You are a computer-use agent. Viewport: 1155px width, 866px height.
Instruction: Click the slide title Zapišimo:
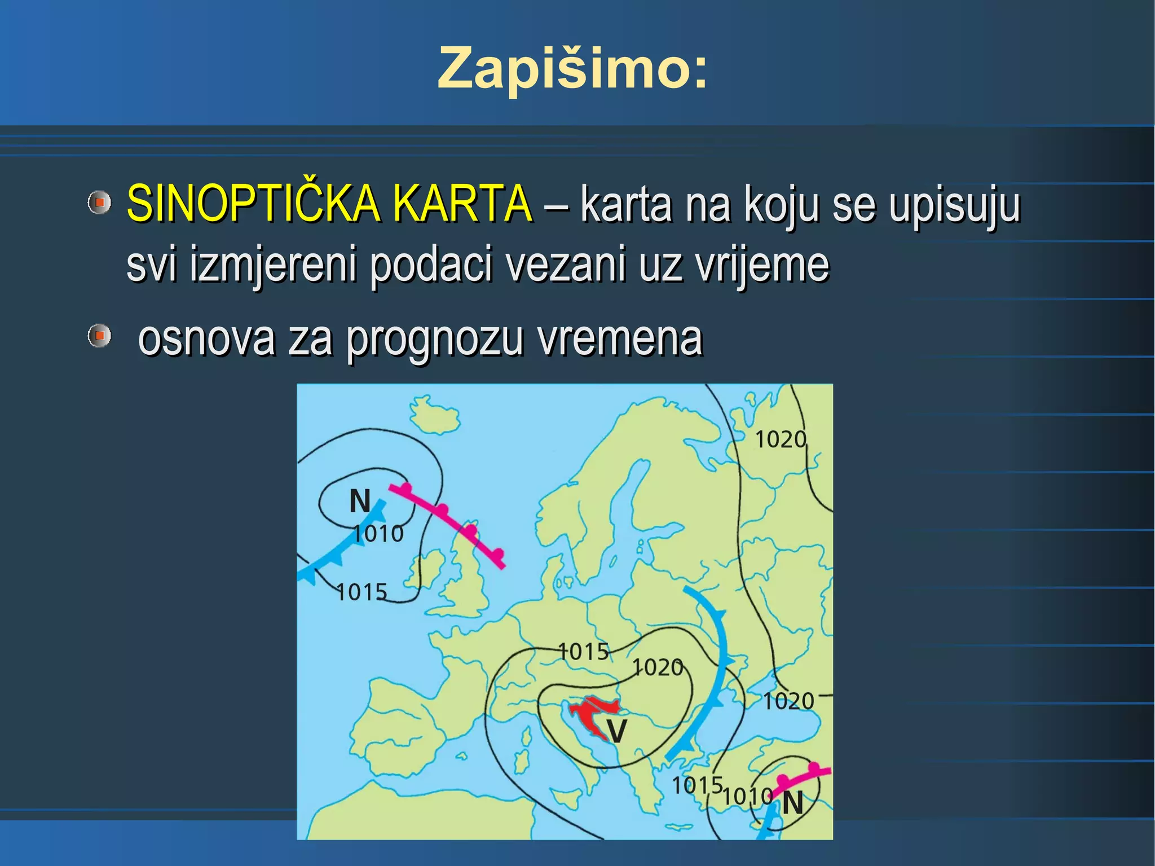tap(572, 68)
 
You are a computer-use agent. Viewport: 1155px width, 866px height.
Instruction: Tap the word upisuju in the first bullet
tap(955, 205)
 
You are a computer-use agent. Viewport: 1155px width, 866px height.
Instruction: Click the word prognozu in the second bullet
tap(434, 340)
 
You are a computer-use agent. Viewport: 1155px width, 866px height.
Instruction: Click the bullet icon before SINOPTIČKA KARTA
tap(99, 202)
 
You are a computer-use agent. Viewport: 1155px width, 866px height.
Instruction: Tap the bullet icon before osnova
tap(99, 336)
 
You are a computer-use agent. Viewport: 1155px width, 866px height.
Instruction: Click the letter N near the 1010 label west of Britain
tap(360, 501)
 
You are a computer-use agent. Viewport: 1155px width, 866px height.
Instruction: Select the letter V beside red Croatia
tap(616, 732)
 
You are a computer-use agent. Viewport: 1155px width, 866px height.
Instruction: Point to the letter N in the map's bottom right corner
tap(792, 803)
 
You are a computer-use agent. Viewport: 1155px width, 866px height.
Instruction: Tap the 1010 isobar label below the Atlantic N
tap(378, 534)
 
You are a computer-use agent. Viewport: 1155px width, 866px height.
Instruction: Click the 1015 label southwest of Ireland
tap(362, 592)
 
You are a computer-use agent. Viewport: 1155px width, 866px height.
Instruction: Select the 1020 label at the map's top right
tap(781, 439)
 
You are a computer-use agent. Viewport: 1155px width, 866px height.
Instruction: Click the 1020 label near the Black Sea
tap(788, 701)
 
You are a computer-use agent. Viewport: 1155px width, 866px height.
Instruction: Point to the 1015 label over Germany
tap(584, 652)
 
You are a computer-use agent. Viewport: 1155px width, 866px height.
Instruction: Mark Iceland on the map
tap(433, 415)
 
